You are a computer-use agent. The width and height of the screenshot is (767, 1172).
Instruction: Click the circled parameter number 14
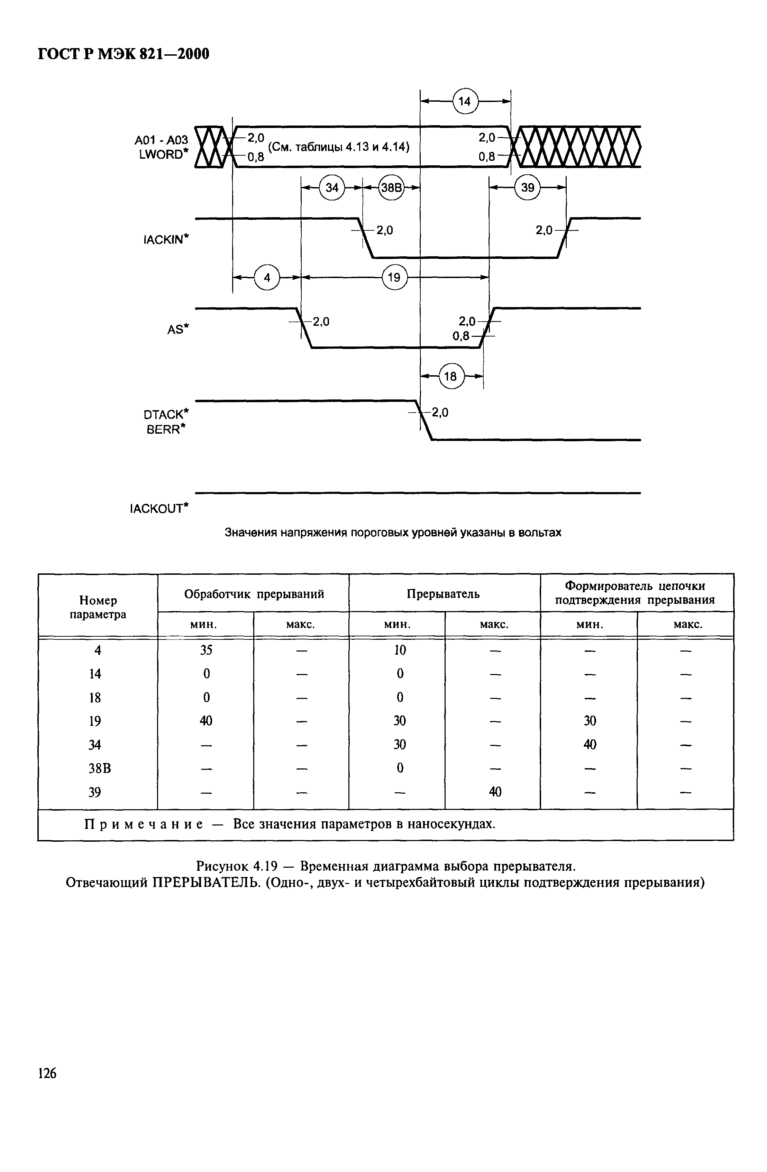465,101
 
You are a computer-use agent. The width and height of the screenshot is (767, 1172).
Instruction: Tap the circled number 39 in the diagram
528,188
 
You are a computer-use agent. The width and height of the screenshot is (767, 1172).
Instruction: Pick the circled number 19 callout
394,277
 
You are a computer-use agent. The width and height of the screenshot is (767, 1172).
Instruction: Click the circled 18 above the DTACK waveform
451,377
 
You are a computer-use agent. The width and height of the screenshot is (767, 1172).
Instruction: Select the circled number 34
332,188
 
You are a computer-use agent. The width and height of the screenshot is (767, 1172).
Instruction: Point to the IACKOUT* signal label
159,508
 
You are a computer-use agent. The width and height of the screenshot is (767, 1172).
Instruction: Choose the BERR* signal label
167,430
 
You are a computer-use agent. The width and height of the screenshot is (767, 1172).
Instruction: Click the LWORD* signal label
164,155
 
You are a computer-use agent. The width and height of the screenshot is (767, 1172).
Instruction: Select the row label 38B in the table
100,768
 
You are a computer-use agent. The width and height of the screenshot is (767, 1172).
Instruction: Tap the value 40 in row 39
495,792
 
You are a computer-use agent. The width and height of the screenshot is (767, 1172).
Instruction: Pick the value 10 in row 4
400,650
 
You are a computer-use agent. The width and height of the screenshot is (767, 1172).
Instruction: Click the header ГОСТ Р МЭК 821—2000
124,53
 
